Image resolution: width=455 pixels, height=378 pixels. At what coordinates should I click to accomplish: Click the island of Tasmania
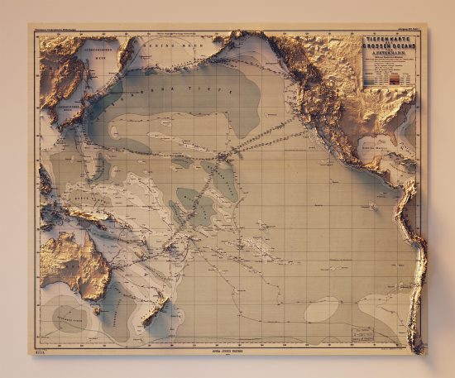pos(90,307)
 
